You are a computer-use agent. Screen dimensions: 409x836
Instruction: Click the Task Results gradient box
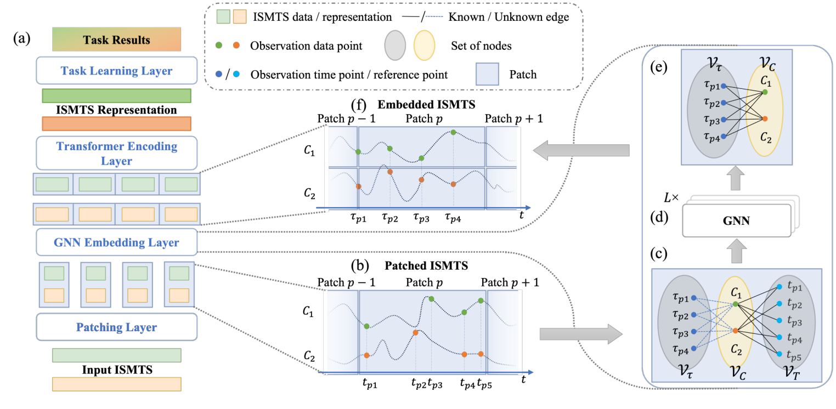[116, 40]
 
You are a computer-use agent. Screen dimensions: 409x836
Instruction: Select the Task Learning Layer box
[116, 71]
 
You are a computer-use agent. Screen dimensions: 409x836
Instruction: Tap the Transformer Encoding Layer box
[116, 153]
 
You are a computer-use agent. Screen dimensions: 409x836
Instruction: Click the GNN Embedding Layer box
[116, 242]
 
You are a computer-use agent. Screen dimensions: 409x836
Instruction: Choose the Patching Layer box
[116, 327]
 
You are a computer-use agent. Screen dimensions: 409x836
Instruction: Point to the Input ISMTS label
[116, 370]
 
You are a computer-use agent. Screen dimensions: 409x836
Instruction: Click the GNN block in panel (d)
[736, 221]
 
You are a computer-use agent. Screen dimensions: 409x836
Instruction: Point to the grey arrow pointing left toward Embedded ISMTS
[581, 150]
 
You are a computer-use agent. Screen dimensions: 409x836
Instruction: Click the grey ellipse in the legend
[392, 46]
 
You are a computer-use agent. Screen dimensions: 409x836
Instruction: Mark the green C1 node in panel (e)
[765, 92]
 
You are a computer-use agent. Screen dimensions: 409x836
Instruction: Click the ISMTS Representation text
[116, 110]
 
